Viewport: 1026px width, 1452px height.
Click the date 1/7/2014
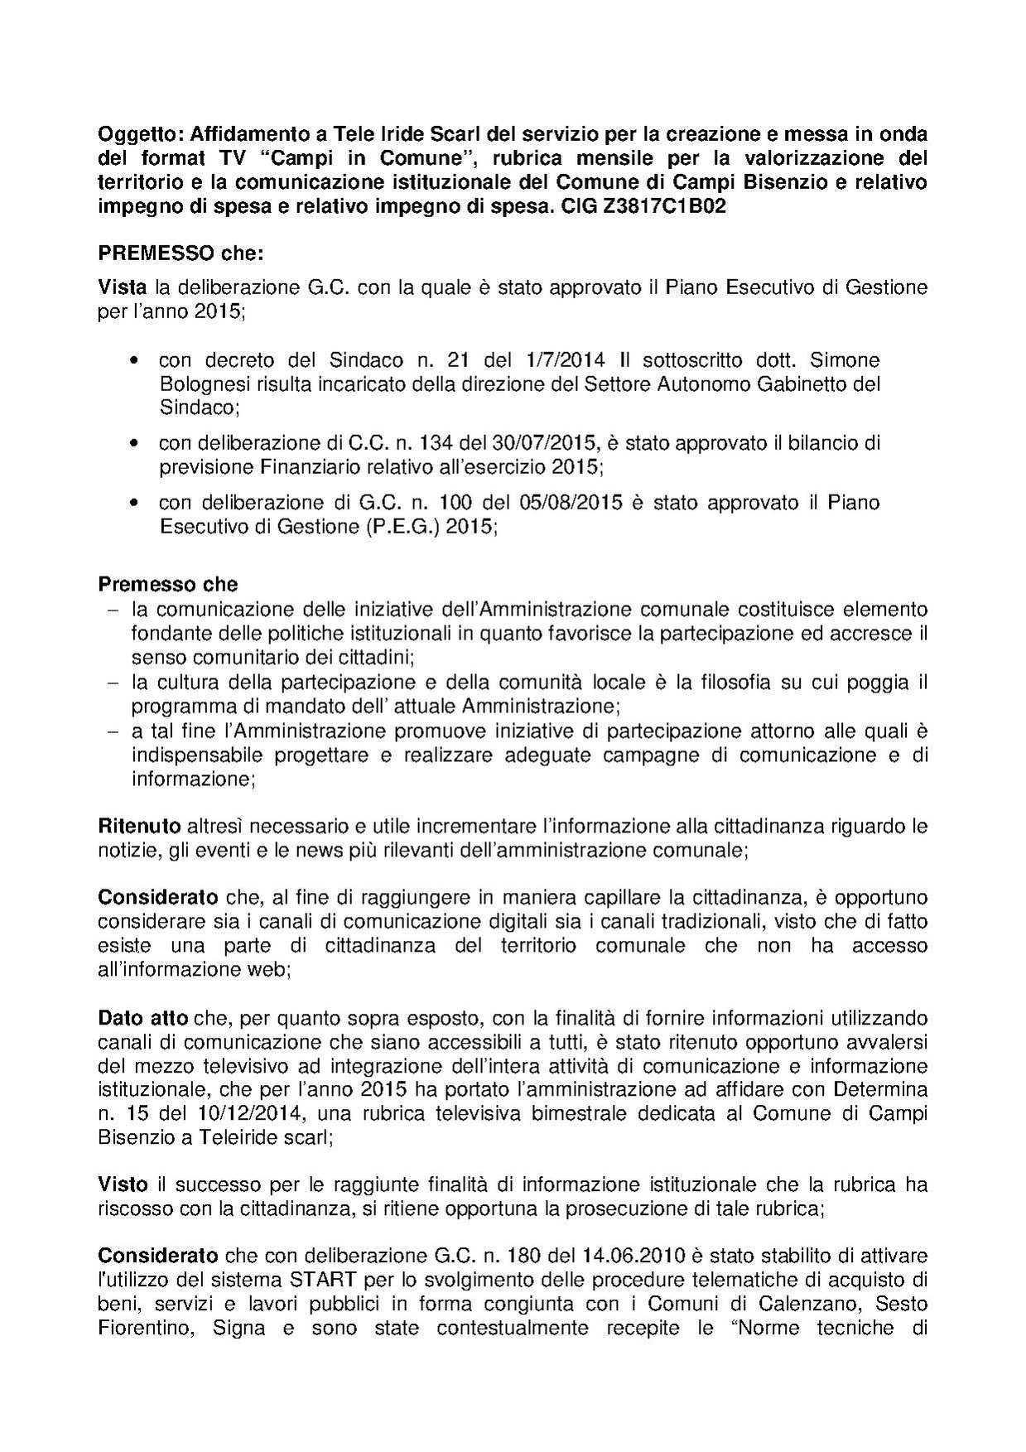564,360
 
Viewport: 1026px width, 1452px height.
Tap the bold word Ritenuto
139,826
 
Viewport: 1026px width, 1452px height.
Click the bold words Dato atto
143,1017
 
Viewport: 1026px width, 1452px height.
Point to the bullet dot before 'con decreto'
134,362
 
